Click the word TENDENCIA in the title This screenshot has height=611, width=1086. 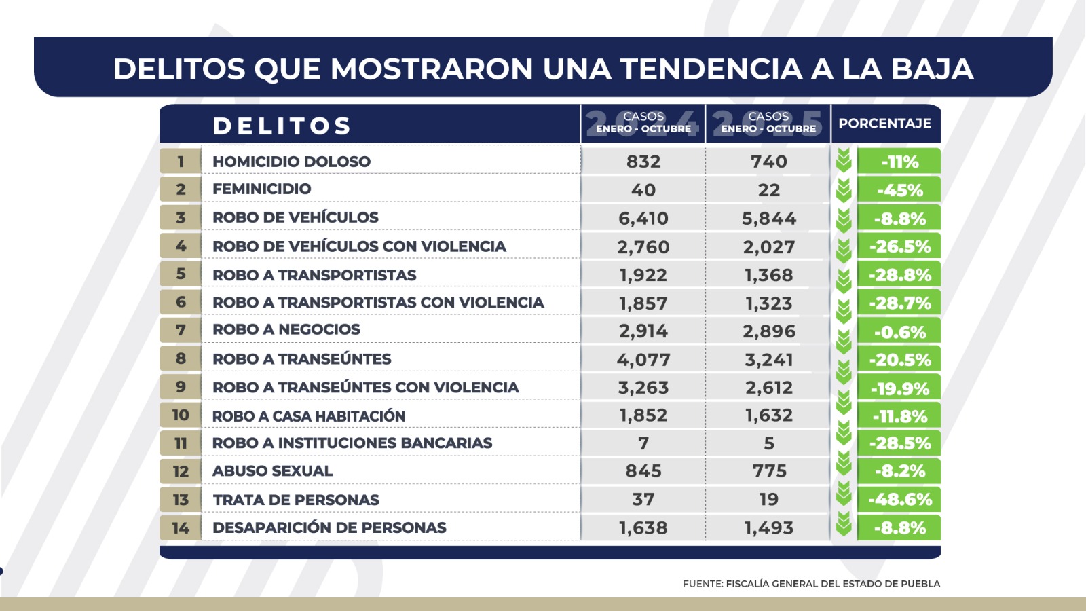coord(711,69)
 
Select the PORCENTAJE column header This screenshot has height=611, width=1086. coord(884,124)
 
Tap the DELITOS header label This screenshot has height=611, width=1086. coord(282,126)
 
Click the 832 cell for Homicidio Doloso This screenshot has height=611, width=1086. coord(643,162)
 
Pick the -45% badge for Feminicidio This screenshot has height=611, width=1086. coord(899,190)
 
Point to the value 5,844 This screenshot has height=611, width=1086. coord(768,219)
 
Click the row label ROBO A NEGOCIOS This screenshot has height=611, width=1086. coord(286,330)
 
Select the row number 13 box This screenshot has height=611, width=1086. coord(181,500)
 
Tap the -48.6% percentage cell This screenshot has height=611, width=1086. coord(899,500)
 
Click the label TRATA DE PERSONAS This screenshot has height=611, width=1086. coord(296,500)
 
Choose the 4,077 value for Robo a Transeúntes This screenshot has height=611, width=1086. coord(643,360)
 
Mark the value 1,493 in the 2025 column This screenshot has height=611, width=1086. coord(768,527)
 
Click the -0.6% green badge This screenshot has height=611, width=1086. coord(899,332)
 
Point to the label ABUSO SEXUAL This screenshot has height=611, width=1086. coord(272,471)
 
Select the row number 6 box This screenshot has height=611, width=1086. coord(181,302)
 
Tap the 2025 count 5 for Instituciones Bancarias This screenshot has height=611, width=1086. coord(768,443)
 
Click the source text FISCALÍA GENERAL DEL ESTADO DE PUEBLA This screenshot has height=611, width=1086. coord(833,584)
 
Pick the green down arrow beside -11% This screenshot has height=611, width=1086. coord(844,161)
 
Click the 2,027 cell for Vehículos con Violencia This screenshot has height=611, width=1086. coord(768,247)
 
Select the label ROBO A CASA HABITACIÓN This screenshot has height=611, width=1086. coord(309,415)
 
